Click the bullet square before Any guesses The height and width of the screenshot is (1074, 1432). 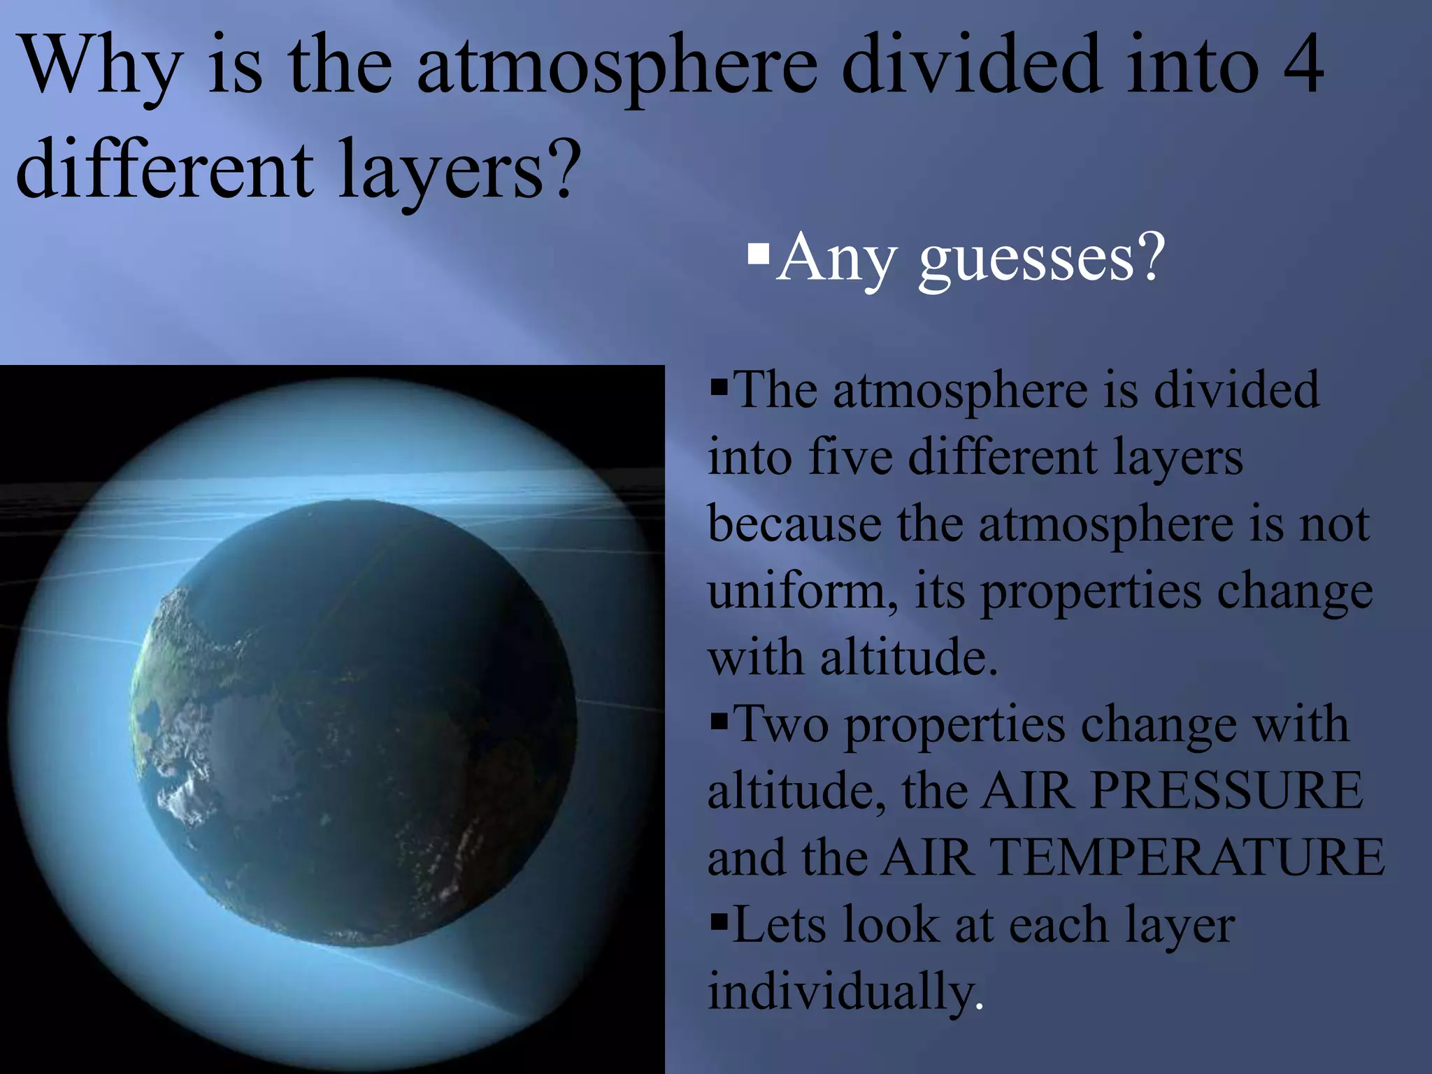758,252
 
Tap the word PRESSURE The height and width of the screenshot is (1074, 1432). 1226,791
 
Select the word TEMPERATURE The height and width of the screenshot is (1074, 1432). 1188,857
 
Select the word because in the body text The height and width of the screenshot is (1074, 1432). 794,524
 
